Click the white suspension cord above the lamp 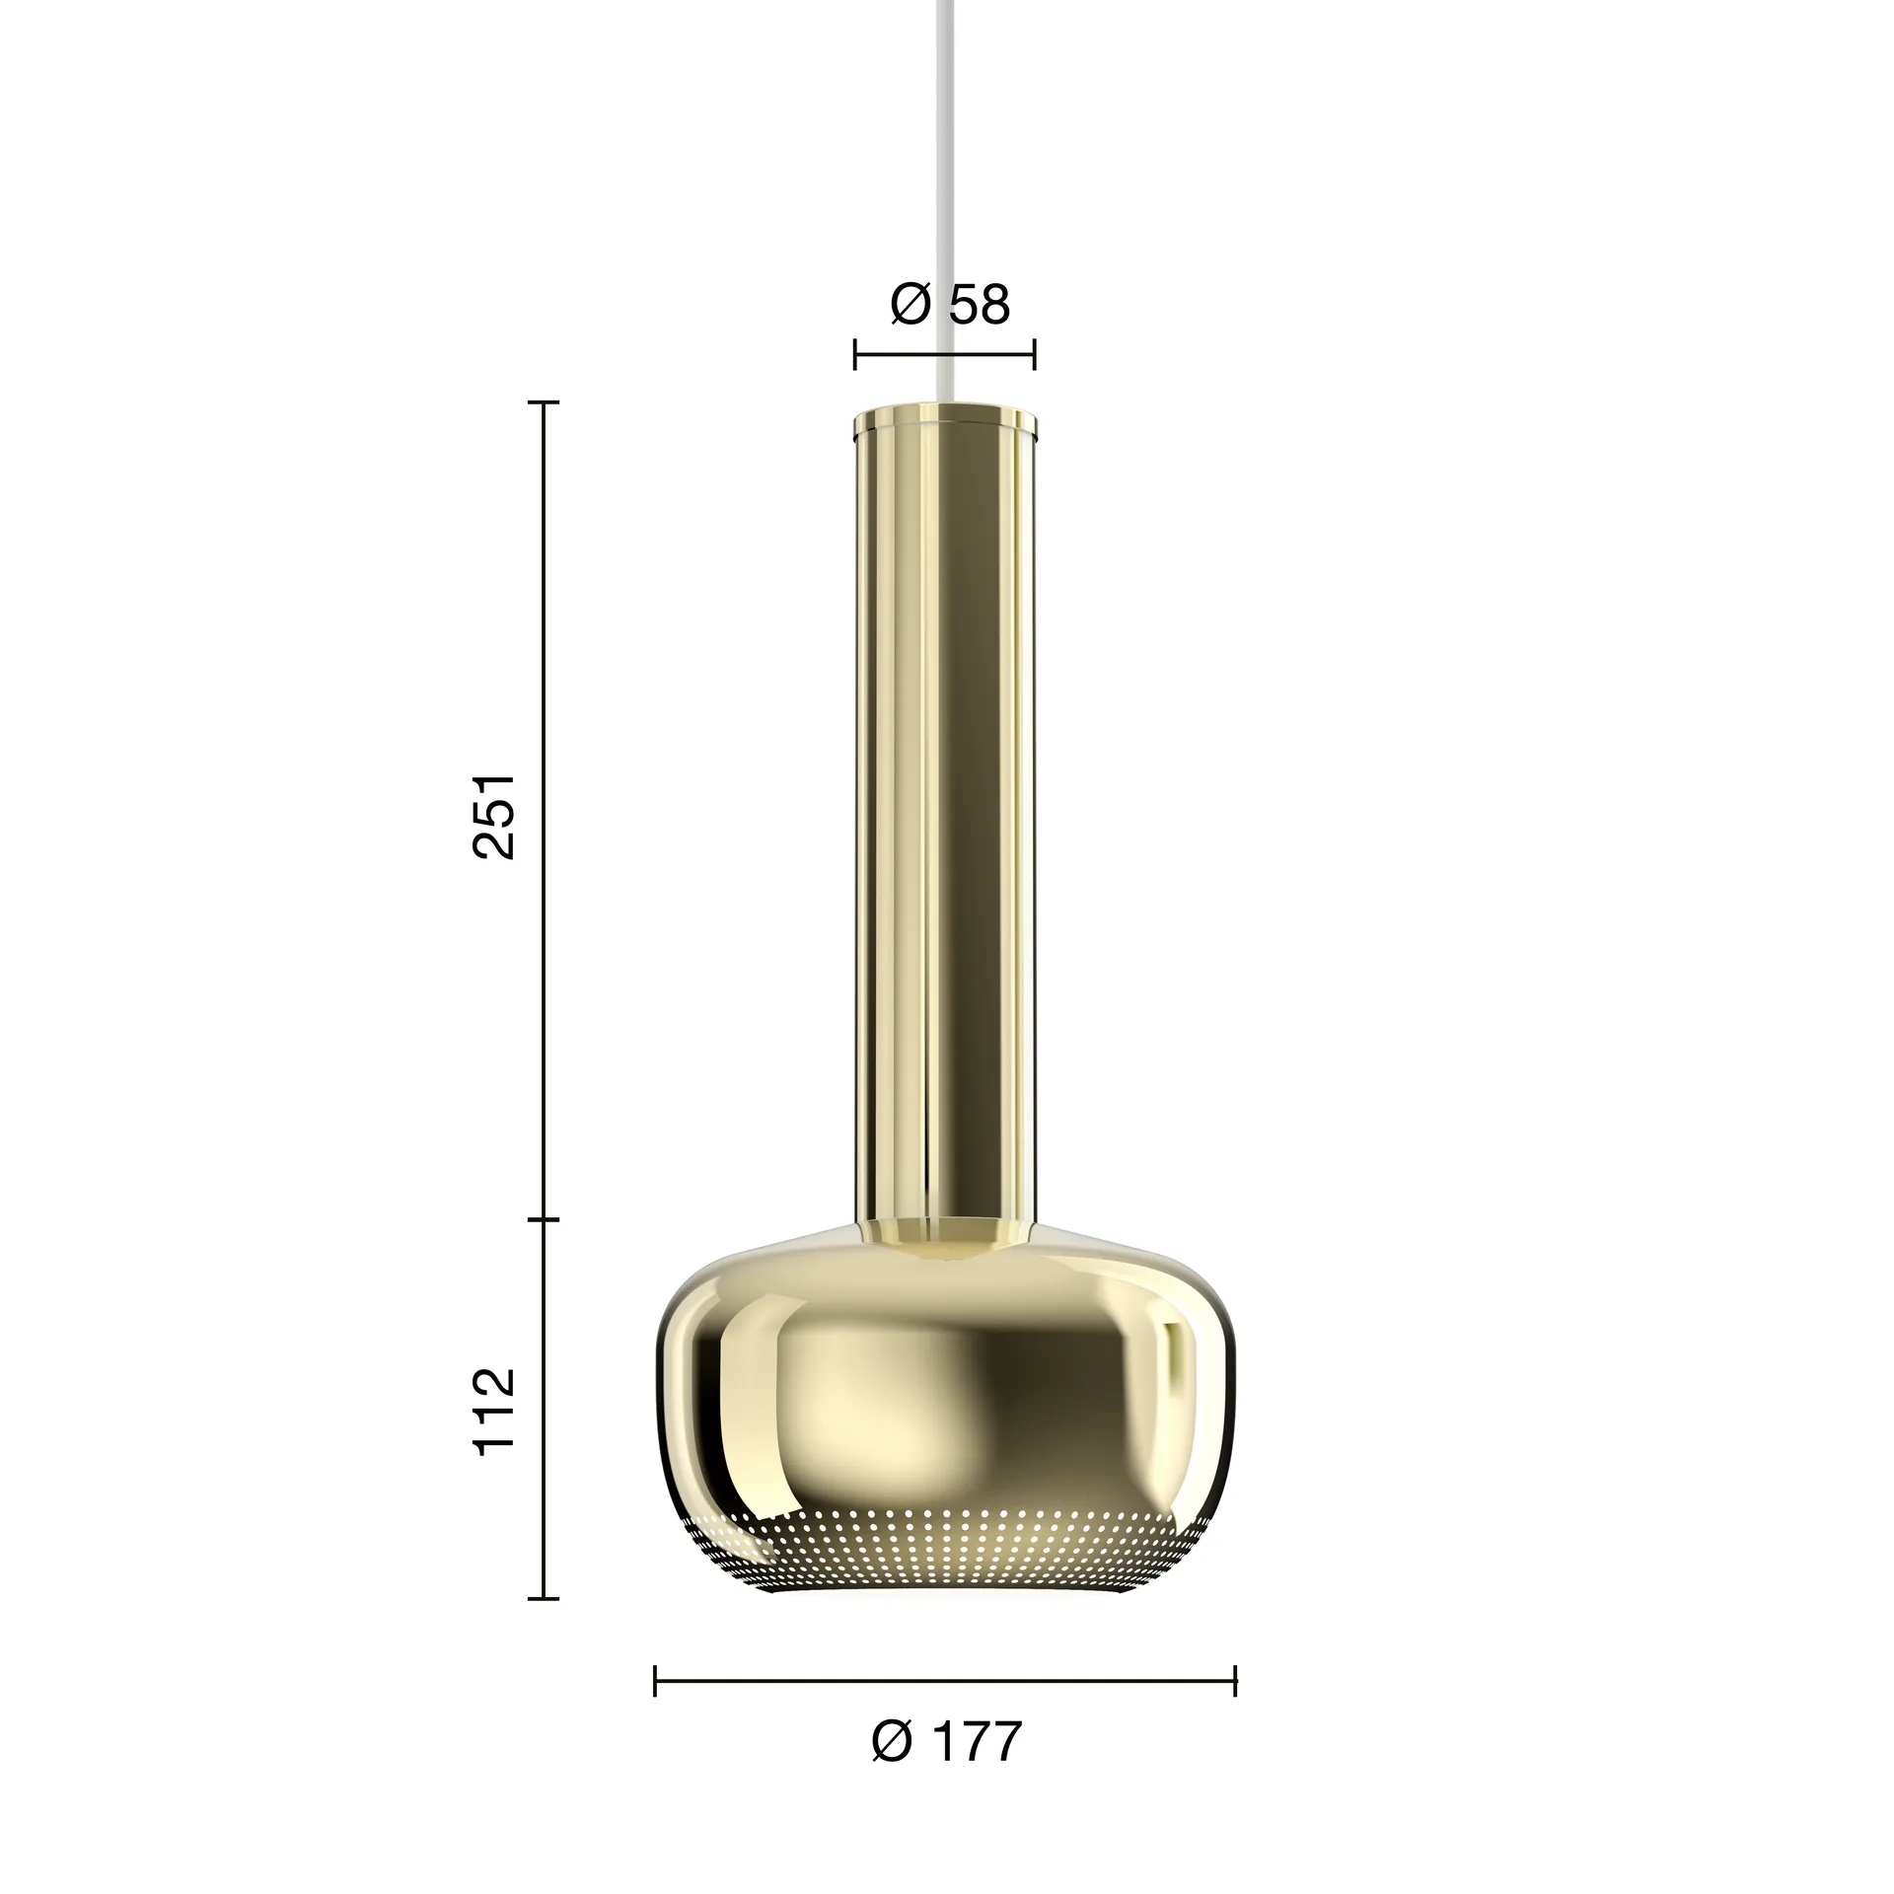[x=945, y=197]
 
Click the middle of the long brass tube [x=945, y=819]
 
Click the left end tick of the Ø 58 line [x=855, y=353]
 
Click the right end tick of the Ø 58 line [x=1034, y=353]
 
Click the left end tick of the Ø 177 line [x=656, y=1681]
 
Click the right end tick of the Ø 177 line [x=1235, y=1681]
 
